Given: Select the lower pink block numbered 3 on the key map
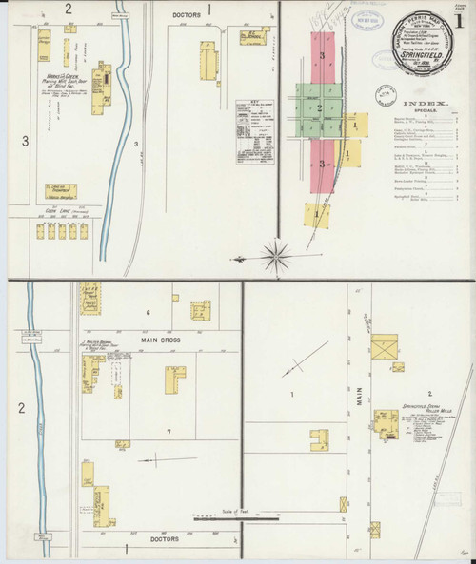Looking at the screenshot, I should [323, 165].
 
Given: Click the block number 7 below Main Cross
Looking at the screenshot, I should [168, 432].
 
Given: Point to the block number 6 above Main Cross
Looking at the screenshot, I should [149, 312].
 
